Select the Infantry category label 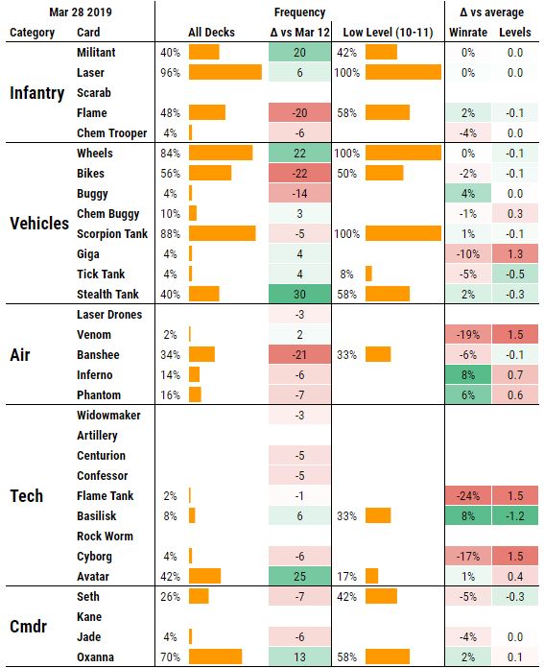pos(37,93)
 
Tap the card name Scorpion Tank pos(111,234)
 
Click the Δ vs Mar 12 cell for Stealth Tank pos(299,295)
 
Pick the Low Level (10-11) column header pos(388,33)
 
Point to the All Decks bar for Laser pos(225,73)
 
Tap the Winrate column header pos(468,33)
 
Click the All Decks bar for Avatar pos(205,577)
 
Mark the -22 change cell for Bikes pos(299,174)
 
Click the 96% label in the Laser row pos(171,73)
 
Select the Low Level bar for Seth pos(381,597)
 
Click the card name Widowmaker pos(108,416)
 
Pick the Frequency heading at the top pos(299,12)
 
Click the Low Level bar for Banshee pos(378,355)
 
